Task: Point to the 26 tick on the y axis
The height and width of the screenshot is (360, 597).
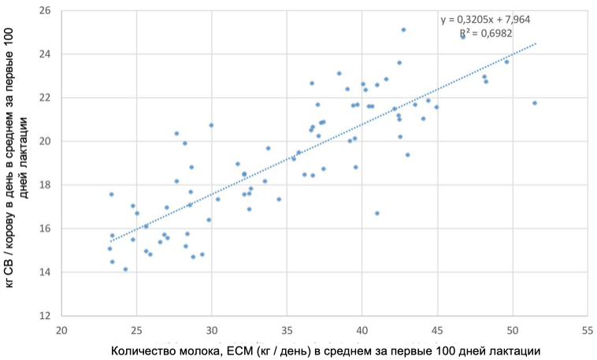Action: pos(45,11)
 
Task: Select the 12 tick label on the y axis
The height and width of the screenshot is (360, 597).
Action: pos(45,316)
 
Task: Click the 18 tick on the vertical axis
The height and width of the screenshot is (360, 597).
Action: pos(45,185)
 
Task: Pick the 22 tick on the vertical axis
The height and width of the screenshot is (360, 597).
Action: pos(45,98)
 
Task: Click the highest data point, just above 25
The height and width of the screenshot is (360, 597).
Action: pos(403,30)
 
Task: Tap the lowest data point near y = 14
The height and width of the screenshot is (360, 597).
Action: pos(125,269)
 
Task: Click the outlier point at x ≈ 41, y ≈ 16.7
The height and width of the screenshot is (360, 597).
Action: pos(377,213)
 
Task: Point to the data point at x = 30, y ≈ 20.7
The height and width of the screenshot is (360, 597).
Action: pos(211,125)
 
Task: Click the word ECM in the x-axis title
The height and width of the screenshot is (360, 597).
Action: pos(240,350)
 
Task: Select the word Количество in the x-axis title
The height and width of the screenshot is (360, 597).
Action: pos(143,350)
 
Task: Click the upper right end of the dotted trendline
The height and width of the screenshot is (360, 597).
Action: pos(536,43)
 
